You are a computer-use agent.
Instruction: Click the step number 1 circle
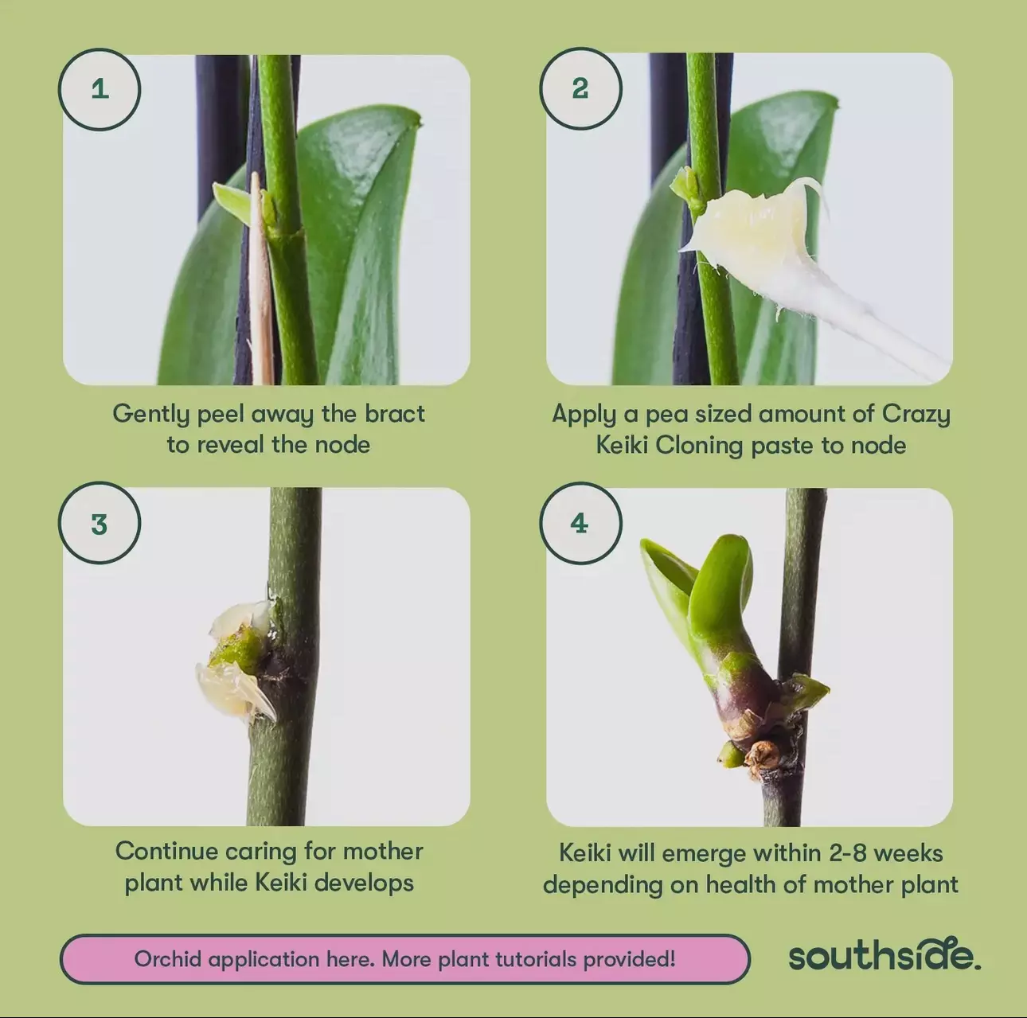click(x=100, y=89)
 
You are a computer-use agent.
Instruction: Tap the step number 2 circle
click(x=580, y=88)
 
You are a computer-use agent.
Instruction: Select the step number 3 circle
click(x=100, y=524)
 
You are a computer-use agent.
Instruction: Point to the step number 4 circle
click(x=580, y=523)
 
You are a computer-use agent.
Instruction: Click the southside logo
click(x=884, y=956)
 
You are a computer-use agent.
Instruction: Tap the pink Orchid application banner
click(x=404, y=959)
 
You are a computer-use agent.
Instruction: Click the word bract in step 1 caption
click(x=394, y=414)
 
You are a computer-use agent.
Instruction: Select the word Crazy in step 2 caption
click(x=916, y=415)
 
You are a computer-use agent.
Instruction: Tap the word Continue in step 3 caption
click(x=166, y=851)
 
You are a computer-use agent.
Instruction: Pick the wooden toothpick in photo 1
click(x=259, y=279)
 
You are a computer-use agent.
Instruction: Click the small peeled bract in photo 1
click(x=231, y=201)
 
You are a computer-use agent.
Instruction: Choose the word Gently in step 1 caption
click(x=151, y=415)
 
